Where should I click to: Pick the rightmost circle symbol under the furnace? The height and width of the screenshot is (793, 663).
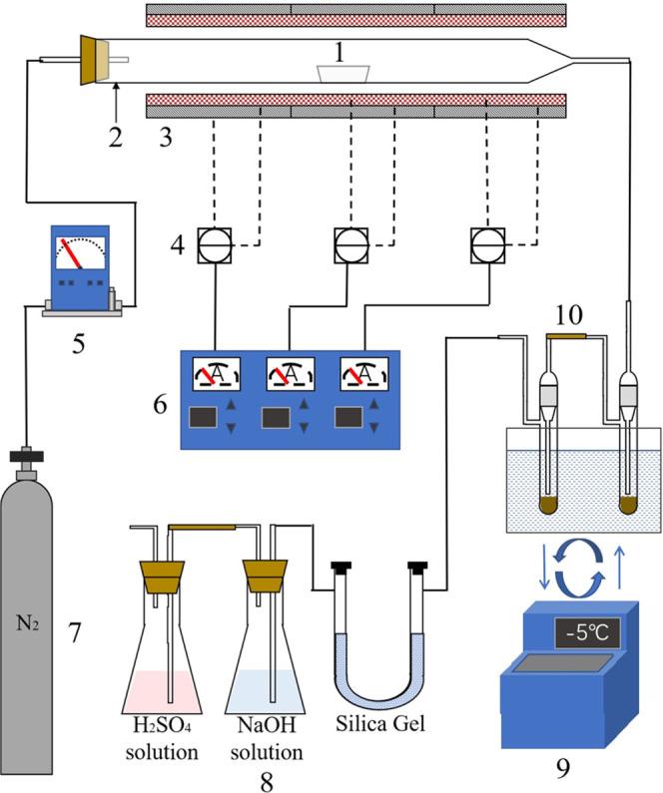(x=485, y=241)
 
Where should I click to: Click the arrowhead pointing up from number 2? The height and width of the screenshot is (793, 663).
(x=117, y=92)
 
